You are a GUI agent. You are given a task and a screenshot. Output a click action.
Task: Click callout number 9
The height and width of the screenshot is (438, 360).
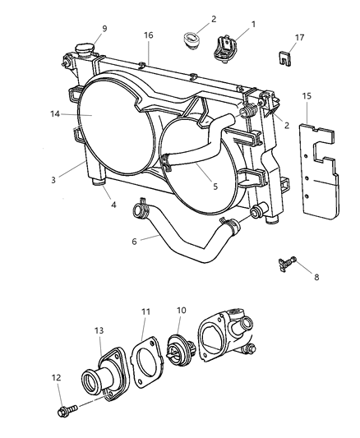[x=104, y=30]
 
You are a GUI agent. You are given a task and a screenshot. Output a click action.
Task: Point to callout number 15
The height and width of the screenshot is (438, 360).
[x=307, y=97]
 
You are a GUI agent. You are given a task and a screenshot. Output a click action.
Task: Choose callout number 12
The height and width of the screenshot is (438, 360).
[x=56, y=379]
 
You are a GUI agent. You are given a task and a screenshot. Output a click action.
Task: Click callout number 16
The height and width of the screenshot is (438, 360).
[x=149, y=35]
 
